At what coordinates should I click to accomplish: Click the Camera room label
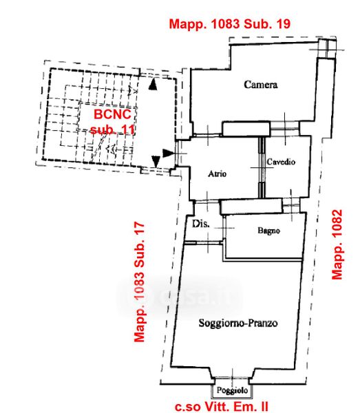click(x=260, y=85)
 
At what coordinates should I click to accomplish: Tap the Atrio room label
click(x=218, y=174)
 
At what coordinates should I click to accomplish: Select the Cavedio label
click(x=281, y=162)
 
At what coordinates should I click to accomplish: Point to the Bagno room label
click(x=268, y=231)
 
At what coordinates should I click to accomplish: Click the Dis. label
click(x=201, y=224)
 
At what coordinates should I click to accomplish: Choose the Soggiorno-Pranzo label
click(x=238, y=323)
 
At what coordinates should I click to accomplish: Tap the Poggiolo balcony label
click(x=232, y=390)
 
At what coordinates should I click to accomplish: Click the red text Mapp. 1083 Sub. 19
click(x=230, y=24)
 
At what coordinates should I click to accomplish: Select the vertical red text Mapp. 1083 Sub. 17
click(x=139, y=282)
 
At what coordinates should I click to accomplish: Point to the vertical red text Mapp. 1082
click(x=337, y=244)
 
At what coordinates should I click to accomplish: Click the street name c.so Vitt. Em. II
click(x=222, y=406)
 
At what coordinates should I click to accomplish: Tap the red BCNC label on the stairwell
click(x=112, y=114)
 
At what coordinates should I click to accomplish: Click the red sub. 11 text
click(x=112, y=129)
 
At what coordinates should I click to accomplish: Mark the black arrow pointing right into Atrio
click(x=168, y=153)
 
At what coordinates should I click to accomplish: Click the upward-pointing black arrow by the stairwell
click(x=153, y=84)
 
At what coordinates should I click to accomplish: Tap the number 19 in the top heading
click(x=283, y=24)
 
